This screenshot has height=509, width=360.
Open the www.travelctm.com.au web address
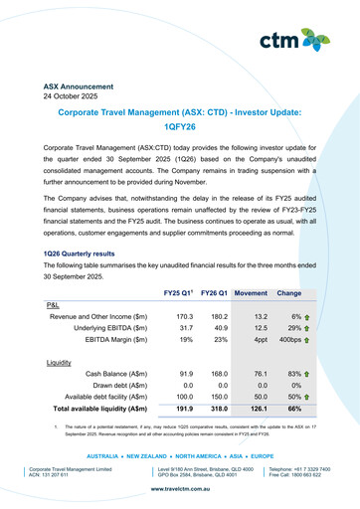[179, 489]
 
